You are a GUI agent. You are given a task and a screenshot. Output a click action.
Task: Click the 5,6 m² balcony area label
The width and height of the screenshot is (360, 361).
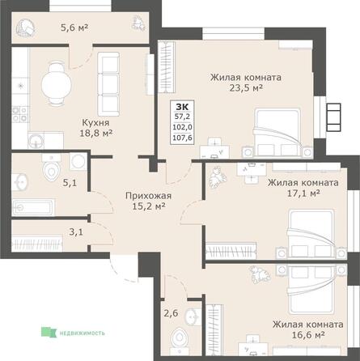point(75,25)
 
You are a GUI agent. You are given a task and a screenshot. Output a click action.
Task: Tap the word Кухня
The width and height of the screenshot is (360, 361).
point(95,123)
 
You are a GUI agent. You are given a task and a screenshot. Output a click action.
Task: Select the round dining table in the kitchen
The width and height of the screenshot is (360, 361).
point(54,79)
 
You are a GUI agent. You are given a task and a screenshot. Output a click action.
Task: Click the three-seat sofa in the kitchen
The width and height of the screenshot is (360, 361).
point(108,80)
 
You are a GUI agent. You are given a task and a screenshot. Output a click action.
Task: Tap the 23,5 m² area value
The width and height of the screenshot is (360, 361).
point(246,91)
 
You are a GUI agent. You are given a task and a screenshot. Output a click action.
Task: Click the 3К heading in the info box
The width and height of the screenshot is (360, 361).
point(185,106)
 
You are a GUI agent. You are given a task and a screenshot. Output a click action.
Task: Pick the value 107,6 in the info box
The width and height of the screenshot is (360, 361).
point(185,137)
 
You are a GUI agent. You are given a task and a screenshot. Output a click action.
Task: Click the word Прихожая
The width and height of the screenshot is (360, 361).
point(146,195)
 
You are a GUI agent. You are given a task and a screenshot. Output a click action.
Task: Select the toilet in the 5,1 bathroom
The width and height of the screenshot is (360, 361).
point(50,168)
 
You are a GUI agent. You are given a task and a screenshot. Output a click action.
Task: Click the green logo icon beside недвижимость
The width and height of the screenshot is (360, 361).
point(47,331)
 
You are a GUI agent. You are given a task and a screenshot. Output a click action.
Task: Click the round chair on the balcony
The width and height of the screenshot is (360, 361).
point(27,29)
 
